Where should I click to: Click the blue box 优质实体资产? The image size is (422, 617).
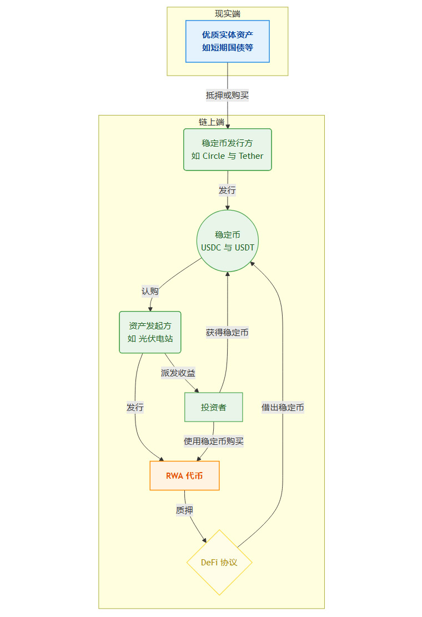tap(228, 41)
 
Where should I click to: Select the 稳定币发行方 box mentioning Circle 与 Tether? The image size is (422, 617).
tap(228, 149)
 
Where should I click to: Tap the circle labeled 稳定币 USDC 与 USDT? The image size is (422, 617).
tap(228, 241)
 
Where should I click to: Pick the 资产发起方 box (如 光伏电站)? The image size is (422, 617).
tap(150, 332)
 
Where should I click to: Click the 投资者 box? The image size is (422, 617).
tap(214, 407)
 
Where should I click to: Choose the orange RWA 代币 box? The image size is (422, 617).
tap(184, 475)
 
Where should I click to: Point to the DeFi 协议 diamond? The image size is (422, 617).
tap(219, 562)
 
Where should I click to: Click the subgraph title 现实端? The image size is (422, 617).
tap(228, 14)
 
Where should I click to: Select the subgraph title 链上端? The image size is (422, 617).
tap(212, 122)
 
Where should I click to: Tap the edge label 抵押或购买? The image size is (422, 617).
tap(228, 95)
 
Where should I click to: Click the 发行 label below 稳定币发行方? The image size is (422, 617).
tap(228, 190)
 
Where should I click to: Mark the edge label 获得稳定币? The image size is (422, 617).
tap(227, 333)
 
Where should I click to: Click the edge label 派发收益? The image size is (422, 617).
tap(178, 373)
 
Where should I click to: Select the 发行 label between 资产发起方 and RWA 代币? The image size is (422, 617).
tap(135, 407)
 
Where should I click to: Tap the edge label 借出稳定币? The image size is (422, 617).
tap(283, 407)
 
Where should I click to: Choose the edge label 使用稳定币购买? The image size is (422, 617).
tap(214, 442)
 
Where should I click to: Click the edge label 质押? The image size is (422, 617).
tap(185, 510)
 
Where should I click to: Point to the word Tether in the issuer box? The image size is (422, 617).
tap(251, 156)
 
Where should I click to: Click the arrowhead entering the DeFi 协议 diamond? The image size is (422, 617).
tap(205, 540)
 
